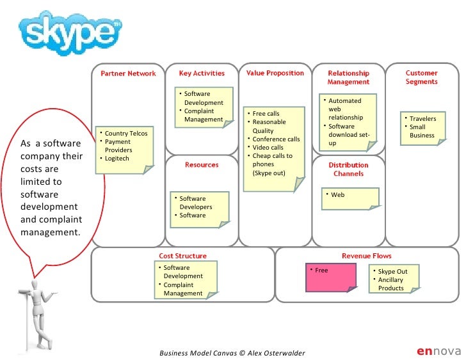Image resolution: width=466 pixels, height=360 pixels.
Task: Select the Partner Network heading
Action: (128, 74)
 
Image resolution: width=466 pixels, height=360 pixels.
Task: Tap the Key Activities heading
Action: (202, 74)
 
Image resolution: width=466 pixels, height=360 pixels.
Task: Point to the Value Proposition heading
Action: (275, 74)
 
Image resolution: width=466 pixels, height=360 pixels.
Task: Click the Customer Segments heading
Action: (421, 77)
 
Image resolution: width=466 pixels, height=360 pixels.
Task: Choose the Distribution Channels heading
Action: (348, 169)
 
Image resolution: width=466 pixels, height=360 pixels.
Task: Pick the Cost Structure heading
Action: (183, 256)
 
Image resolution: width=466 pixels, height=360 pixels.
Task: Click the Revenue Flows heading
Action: (366, 256)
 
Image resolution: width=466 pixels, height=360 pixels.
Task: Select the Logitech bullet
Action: (118, 159)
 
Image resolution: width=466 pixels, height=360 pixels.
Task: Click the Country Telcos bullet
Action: (125, 134)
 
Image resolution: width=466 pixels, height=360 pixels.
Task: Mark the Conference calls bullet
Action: (276, 139)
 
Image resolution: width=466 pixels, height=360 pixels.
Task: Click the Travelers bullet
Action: (422, 119)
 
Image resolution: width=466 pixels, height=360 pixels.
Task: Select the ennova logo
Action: (438, 350)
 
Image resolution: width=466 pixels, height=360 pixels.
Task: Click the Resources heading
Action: (202, 165)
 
